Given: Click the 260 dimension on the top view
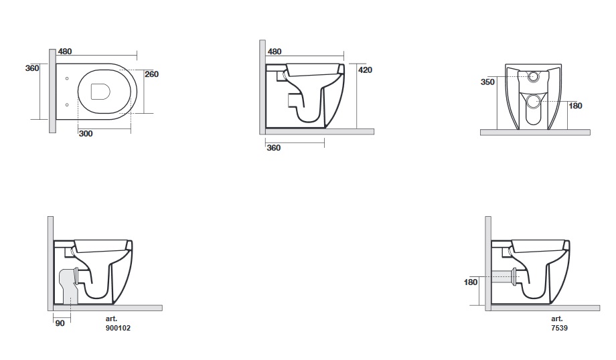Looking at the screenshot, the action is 151,74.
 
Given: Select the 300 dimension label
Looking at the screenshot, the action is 86,133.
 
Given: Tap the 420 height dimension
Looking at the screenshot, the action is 366,70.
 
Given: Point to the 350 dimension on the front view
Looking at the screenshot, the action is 487,82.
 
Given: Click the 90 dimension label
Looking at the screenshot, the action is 60,323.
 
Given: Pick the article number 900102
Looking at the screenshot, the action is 118,328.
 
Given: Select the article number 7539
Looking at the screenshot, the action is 560,328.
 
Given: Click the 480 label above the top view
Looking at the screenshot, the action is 65,52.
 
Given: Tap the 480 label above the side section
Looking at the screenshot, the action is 275,52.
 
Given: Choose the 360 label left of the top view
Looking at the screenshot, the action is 32,68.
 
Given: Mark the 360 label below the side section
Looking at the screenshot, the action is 273,148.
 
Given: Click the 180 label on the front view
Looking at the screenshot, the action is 575,106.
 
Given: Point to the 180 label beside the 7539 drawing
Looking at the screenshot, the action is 471,282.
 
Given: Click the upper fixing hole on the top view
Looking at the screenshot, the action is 67,78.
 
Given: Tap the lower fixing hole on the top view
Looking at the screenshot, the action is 67,105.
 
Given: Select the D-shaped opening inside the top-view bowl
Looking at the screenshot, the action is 100,92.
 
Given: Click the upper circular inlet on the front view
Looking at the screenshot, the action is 533,76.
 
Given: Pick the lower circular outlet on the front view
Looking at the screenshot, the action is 533,101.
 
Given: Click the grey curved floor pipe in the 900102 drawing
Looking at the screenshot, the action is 68,286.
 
